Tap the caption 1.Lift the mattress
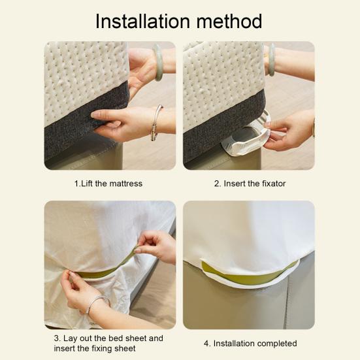pos(108,184)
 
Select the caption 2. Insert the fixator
pos(250,184)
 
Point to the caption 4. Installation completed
pos(250,343)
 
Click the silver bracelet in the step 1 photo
pos(155,124)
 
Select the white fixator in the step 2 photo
pos(245,137)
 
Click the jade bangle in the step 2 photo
pos(270,60)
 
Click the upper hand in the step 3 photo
pos(155,245)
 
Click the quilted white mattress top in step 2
pos(219,78)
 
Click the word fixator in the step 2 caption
pos(272,184)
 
